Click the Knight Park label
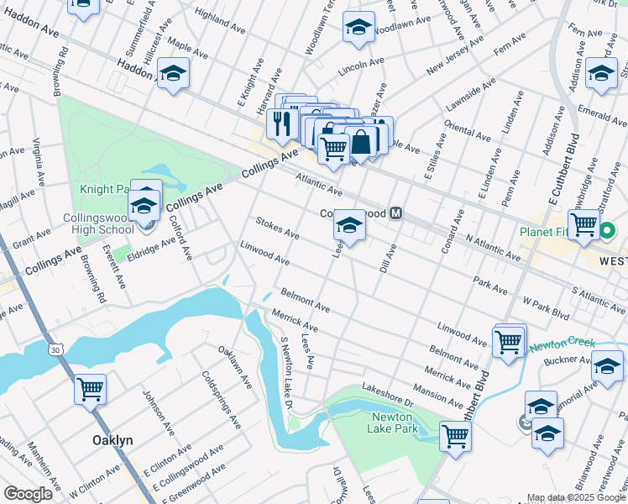click(x=104, y=191)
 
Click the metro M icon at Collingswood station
click(x=396, y=213)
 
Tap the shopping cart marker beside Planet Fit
click(x=584, y=224)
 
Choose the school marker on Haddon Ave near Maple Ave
click(x=173, y=75)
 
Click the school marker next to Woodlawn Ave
click(x=358, y=29)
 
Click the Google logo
click(x=28, y=494)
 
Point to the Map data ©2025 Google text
click(x=574, y=497)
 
